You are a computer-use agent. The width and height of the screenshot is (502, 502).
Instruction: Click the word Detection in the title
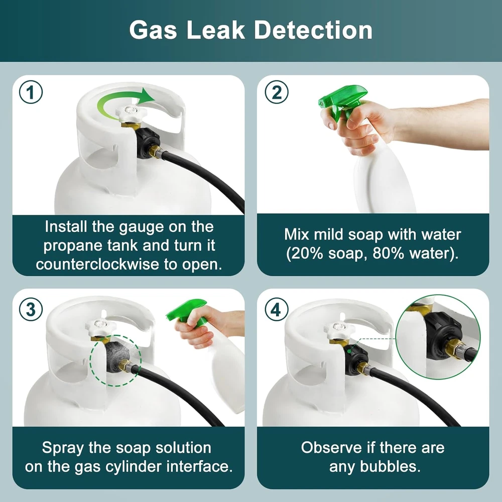[x=313, y=30]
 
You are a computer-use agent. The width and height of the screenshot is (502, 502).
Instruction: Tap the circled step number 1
[x=31, y=92]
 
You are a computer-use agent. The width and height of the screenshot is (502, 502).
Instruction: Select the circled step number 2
[x=277, y=92]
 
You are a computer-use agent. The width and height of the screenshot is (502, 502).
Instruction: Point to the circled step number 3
[x=31, y=309]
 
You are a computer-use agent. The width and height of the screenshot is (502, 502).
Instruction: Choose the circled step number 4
[x=277, y=309]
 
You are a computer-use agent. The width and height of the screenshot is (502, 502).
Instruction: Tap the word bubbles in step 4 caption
[x=390, y=466]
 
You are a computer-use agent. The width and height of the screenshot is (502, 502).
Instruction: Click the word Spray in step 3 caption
[x=63, y=448]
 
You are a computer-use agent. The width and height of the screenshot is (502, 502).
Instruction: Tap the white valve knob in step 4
[x=339, y=330]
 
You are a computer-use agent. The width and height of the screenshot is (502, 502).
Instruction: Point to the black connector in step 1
[x=148, y=143]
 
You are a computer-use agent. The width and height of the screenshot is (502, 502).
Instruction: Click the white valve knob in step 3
[x=101, y=327]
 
